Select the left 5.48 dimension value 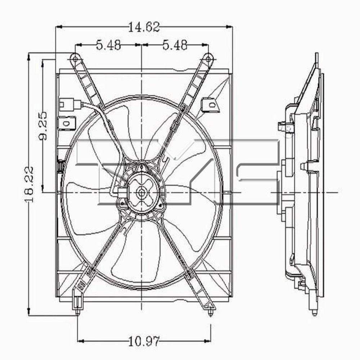[108, 45]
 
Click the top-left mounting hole [74, 58]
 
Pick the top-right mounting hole [208, 58]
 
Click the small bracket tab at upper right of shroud [208, 103]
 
